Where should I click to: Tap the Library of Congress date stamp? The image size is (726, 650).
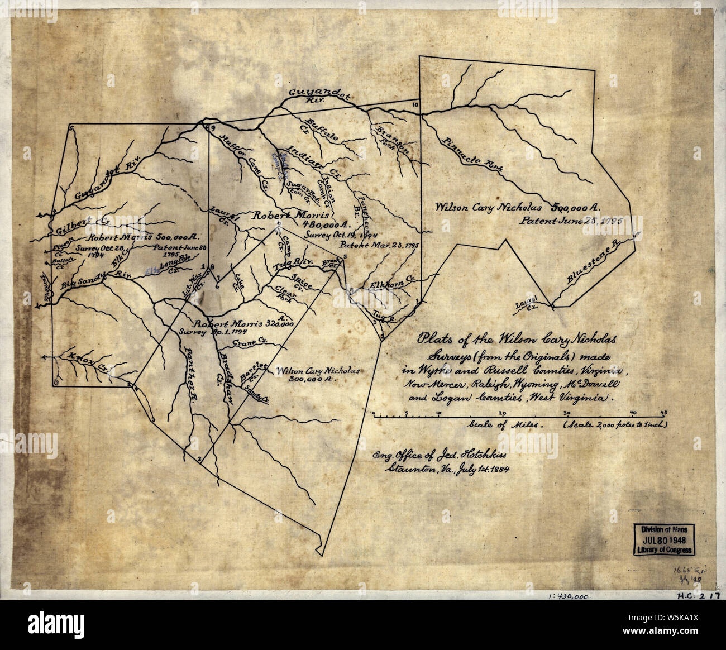[x=663, y=538]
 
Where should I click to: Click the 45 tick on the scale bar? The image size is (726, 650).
[x=663, y=413]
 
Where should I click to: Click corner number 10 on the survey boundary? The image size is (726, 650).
[x=415, y=105]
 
